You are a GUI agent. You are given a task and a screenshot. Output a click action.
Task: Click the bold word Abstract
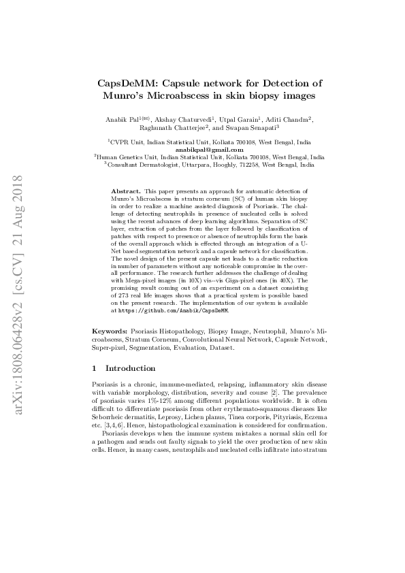pos(125,193)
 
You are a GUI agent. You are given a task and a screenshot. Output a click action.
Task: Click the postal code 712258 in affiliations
pos(246,164)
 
